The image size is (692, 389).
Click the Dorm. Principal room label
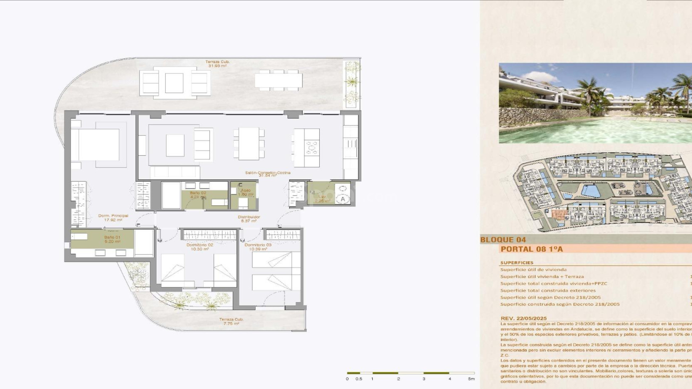(x=113, y=218)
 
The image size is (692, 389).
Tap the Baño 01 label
(x=112, y=239)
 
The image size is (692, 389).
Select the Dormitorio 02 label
(x=200, y=247)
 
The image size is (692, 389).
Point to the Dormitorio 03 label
(x=258, y=247)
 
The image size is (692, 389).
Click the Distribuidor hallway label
(x=249, y=219)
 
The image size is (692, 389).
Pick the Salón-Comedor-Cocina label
(x=267, y=174)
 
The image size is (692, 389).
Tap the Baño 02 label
(x=198, y=194)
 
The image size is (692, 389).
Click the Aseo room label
(x=246, y=192)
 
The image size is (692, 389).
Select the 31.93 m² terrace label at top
(x=217, y=64)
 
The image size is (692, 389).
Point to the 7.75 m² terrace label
(x=231, y=321)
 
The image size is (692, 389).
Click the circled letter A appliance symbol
(x=342, y=199)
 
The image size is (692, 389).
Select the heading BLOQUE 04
(x=503, y=240)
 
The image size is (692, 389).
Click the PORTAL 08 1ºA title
(x=532, y=249)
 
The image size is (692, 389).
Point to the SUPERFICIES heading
(x=516, y=263)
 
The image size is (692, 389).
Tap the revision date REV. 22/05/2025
(x=523, y=318)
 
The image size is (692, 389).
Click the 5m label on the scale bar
(x=471, y=379)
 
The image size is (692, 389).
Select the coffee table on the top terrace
(x=174, y=83)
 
